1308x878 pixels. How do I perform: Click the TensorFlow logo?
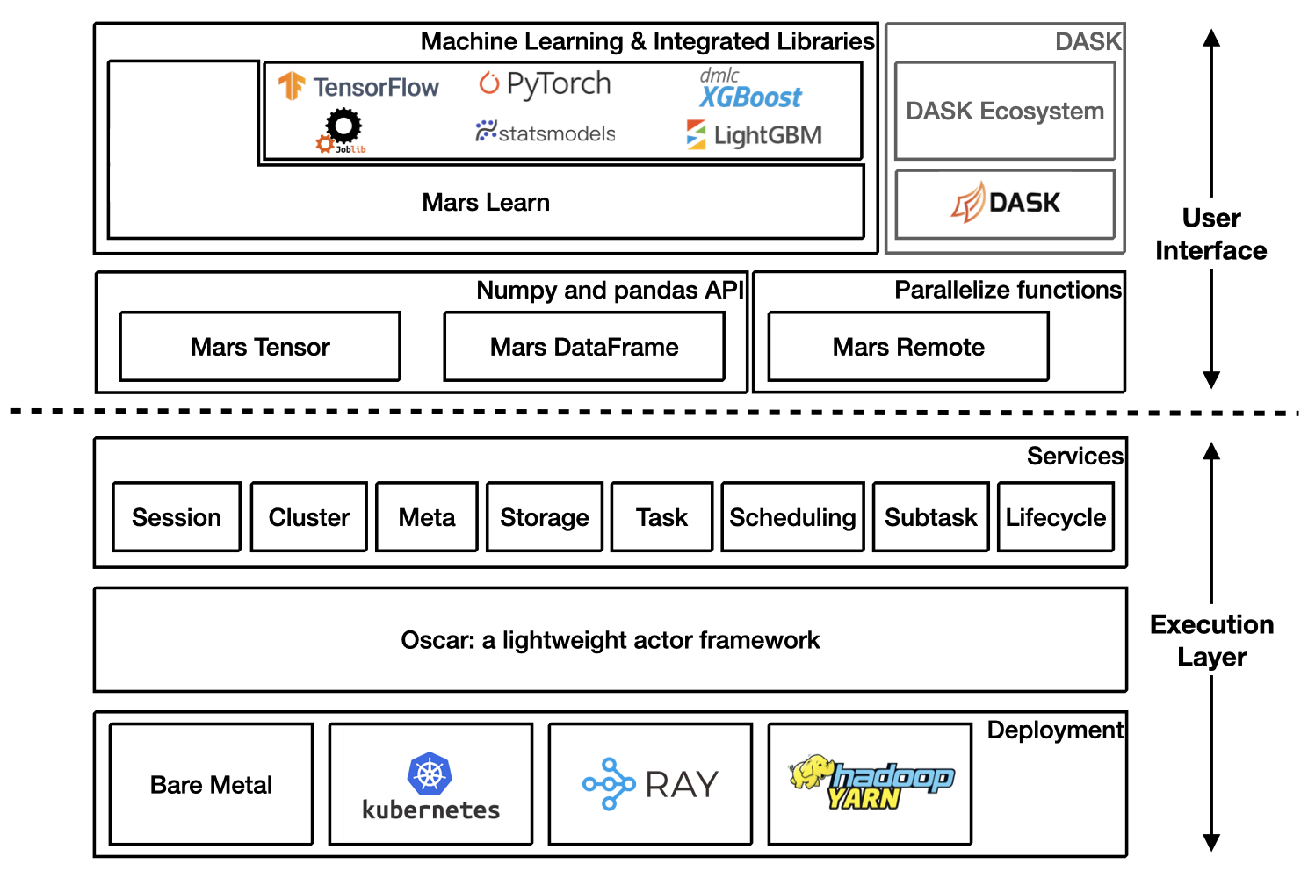[x=358, y=87]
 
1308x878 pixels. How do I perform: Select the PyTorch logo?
[x=545, y=84]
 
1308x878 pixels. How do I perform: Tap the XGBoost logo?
[x=750, y=90]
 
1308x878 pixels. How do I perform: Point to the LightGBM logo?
[x=755, y=135]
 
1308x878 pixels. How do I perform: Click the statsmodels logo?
[x=546, y=133]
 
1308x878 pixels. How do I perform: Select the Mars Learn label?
[x=486, y=203]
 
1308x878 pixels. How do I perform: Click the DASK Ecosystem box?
[x=1005, y=112]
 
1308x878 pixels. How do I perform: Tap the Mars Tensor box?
[x=260, y=347]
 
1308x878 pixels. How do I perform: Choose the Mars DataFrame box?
[x=584, y=347]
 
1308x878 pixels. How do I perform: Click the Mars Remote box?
[x=908, y=347]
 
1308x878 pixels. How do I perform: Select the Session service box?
[x=177, y=517]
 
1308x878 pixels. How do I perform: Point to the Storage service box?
[x=545, y=517]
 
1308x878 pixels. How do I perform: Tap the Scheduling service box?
[x=792, y=517]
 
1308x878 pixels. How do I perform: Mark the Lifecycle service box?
[x=1056, y=517]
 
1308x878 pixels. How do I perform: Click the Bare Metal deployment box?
[x=211, y=784]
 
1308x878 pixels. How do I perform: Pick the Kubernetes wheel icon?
[x=430, y=774]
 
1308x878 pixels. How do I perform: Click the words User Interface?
[x=1210, y=234]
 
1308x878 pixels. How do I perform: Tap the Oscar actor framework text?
[x=610, y=640]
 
